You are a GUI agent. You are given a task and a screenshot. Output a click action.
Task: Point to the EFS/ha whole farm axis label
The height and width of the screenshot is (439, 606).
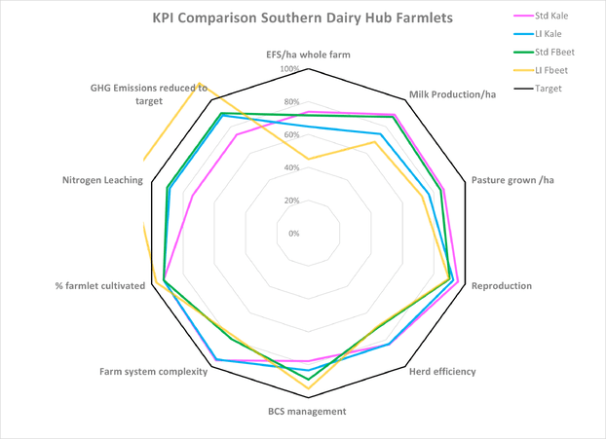click(308, 55)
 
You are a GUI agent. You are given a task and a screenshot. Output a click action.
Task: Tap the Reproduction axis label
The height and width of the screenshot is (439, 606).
click(501, 286)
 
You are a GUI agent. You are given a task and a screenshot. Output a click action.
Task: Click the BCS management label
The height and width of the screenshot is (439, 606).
click(308, 412)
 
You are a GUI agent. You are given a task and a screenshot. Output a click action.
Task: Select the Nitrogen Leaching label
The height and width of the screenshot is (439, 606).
click(102, 180)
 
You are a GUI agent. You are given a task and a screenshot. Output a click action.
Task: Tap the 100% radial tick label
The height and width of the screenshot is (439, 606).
click(289, 69)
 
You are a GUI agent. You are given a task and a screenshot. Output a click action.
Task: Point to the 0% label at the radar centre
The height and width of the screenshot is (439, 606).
click(293, 234)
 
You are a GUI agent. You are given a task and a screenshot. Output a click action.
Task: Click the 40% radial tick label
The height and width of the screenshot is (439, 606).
click(291, 167)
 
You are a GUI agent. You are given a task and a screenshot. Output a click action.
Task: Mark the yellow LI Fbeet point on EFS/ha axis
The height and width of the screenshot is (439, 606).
click(308, 159)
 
